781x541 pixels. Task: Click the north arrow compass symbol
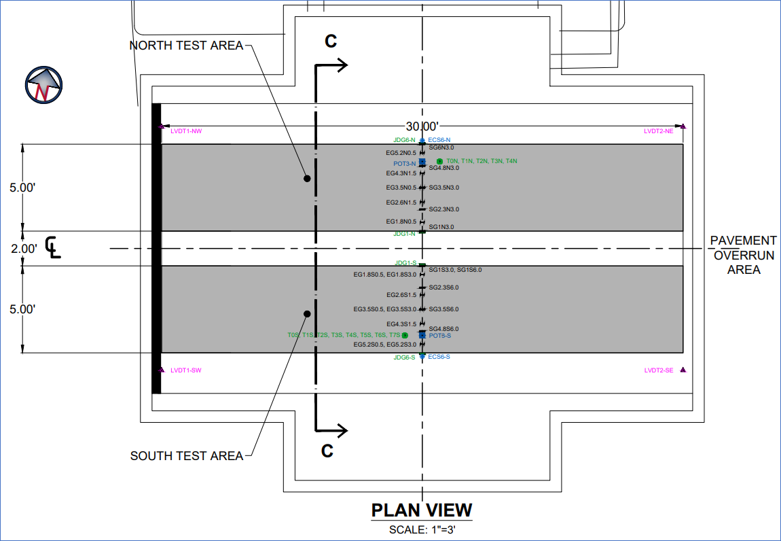pos(43,85)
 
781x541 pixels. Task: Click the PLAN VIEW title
pos(421,510)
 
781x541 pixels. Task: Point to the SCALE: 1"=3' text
pos(421,529)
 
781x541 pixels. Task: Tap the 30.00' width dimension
pos(422,126)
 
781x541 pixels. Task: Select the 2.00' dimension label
pos(24,249)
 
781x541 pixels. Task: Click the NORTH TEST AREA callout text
pos(186,46)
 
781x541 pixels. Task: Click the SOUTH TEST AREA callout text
pos(186,455)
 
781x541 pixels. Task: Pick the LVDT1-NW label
pos(186,130)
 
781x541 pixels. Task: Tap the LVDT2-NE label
pos(658,130)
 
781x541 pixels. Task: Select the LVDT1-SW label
pos(186,370)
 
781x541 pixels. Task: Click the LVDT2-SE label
pos(658,370)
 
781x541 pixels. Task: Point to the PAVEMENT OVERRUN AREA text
pos(744,255)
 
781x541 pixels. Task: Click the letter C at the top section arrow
pos(330,41)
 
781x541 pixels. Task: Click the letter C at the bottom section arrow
pos(327,451)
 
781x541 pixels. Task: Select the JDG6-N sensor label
pos(404,140)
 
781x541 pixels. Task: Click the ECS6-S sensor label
pos(439,357)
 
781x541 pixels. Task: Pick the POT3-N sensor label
pos(404,163)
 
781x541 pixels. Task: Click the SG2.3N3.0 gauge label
pos(443,209)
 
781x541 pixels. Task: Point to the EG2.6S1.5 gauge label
pos(401,295)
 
